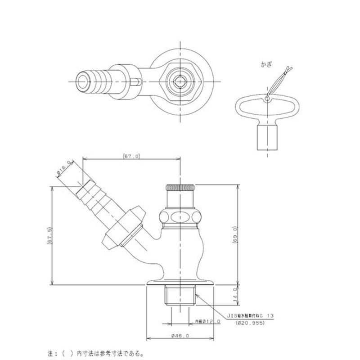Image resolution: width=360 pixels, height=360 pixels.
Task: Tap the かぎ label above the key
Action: coord(266,64)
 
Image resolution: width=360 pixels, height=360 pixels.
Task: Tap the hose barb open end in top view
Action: coord(84,81)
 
